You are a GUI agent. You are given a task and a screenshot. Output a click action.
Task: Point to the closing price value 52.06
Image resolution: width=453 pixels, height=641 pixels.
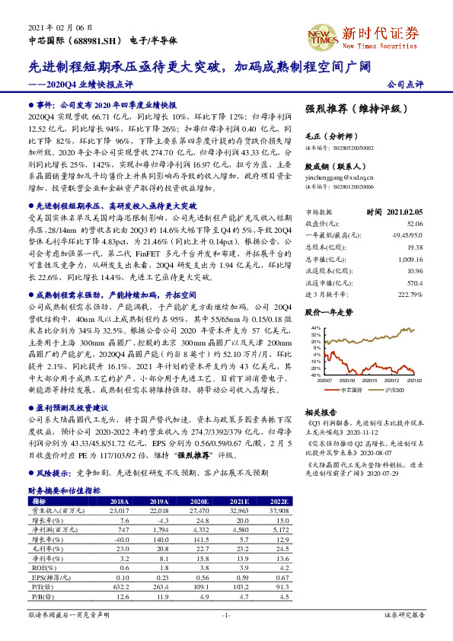point(416,223)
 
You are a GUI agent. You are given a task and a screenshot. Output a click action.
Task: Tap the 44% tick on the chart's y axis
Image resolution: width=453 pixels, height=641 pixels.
point(314,327)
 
